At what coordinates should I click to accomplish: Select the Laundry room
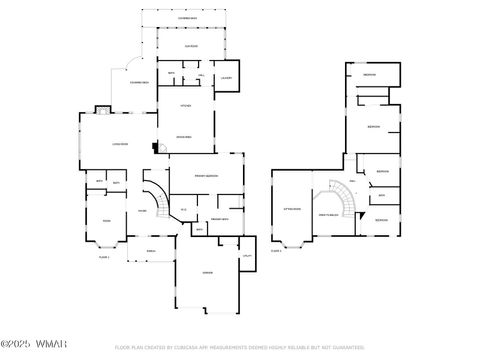[226, 78]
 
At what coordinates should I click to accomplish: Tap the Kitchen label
[185, 105]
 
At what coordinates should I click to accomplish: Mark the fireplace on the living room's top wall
[101, 109]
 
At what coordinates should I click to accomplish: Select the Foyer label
[142, 211]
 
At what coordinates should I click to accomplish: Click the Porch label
[151, 250]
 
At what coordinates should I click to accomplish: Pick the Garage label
[207, 272]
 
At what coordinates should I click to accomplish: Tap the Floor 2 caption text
[276, 250]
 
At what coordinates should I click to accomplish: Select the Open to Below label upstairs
[327, 215]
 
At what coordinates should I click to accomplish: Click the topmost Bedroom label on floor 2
[369, 76]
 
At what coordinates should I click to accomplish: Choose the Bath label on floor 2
[381, 195]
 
